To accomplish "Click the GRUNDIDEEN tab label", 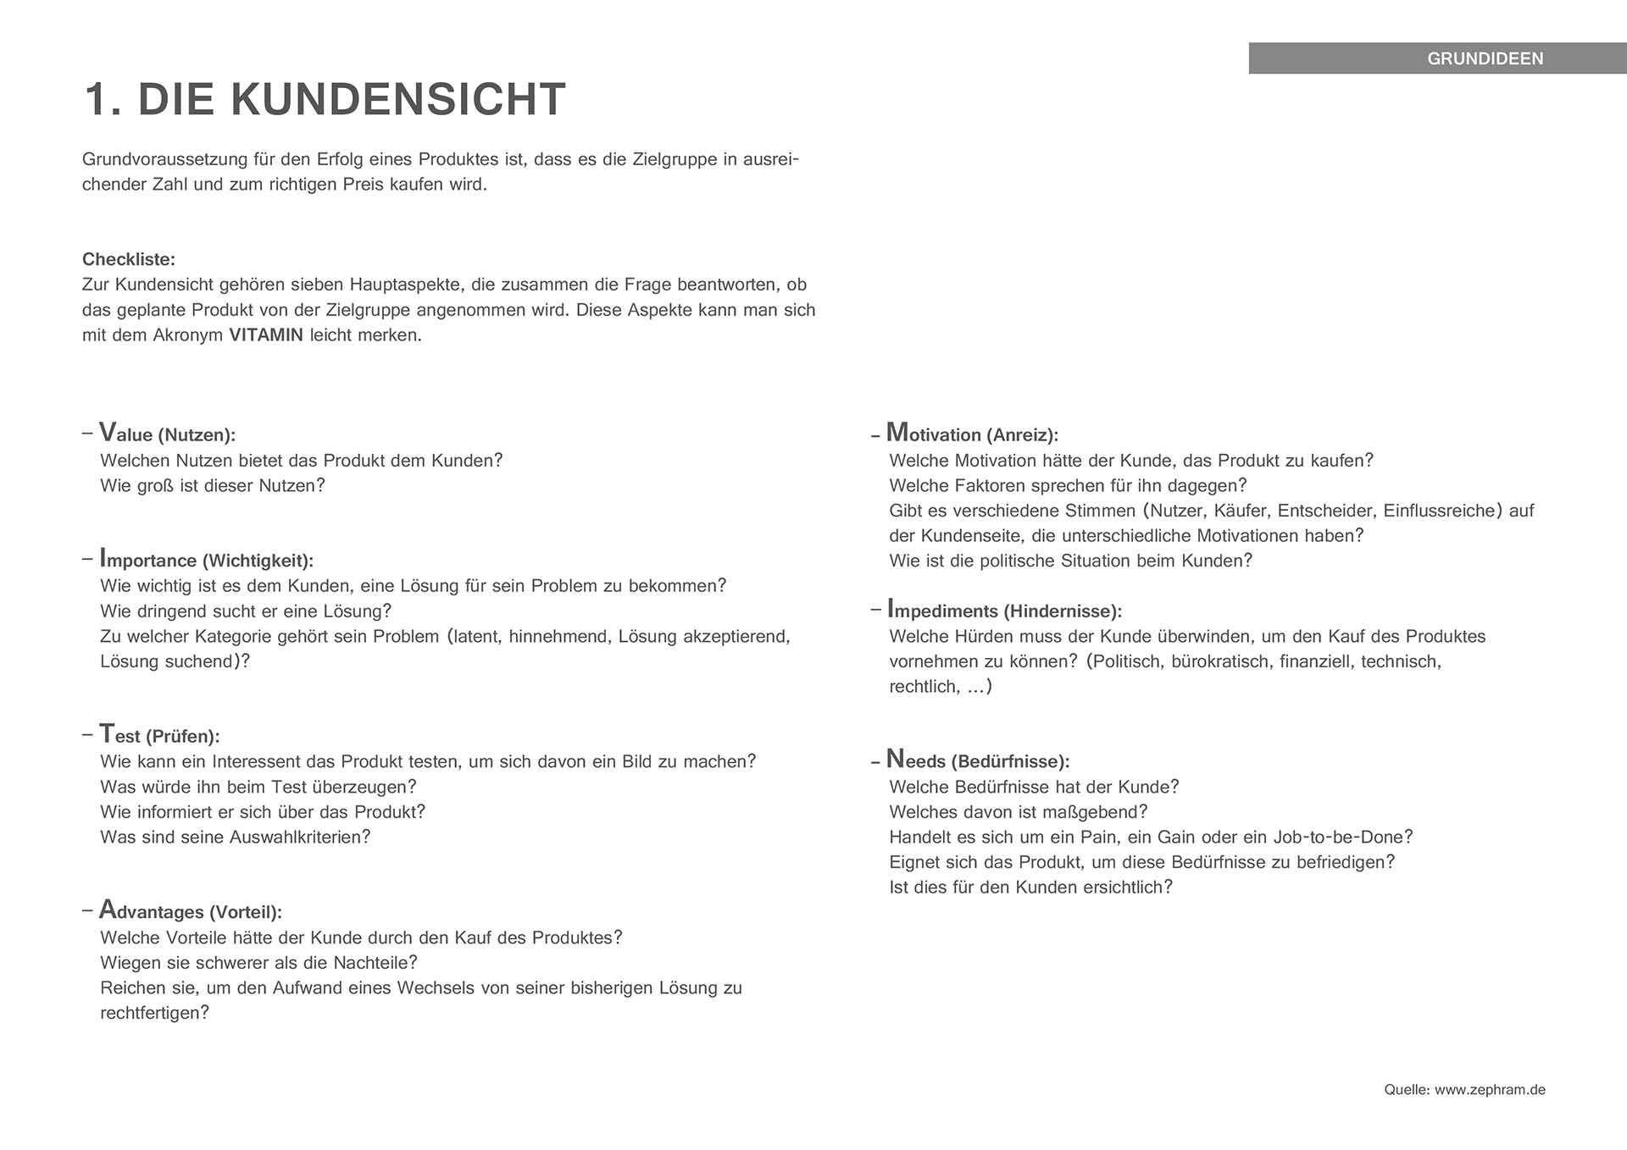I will click(x=1485, y=58).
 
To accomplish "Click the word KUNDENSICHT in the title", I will click(x=397, y=99).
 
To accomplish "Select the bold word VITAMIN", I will click(x=265, y=335).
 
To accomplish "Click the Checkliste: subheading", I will click(x=129, y=260).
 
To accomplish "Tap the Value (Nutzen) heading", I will click(x=167, y=434).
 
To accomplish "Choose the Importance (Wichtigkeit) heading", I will click(x=206, y=560).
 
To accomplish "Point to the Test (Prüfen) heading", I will click(x=158, y=735).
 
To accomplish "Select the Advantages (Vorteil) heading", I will click(x=190, y=911).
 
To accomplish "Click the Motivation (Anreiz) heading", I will click(x=972, y=434).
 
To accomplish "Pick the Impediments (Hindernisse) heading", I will click(x=1003, y=611).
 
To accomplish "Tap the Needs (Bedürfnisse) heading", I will click(x=977, y=760).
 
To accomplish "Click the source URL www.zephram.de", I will click(x=1490, y=1090).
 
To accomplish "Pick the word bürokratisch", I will click(x=1220, y=661).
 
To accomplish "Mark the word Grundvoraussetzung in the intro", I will click(x=164, y=159).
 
